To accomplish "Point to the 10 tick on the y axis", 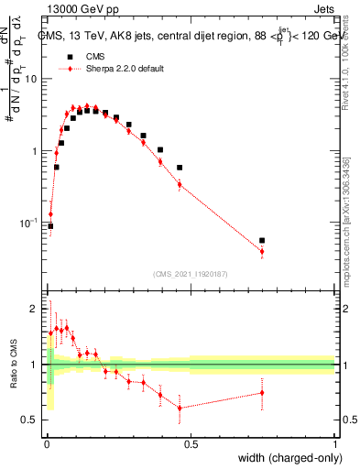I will point(32,79).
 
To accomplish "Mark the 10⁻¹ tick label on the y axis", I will point(29,223).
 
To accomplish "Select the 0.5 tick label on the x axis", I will point(191,443).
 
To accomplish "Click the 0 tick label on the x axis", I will point(45,443).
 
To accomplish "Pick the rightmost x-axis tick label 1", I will point(335,443).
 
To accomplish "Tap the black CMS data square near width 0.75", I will point(263,241).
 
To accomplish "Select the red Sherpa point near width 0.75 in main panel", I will point(262,252).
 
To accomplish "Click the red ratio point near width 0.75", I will point(262,393).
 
